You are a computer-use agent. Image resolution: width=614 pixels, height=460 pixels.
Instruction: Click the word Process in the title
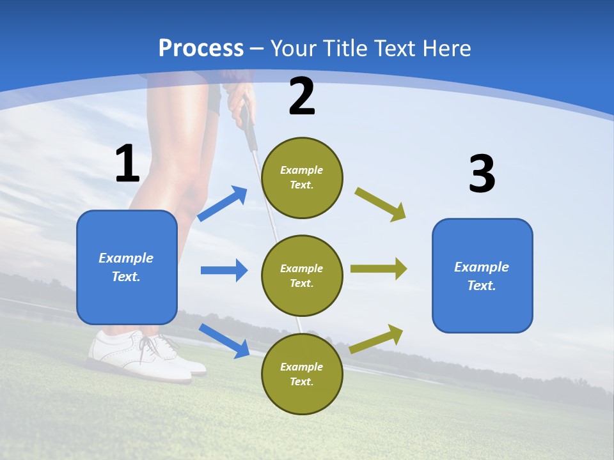click(x=201, y=49)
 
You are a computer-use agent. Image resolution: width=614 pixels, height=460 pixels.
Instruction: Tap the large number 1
click(x=127, y=164)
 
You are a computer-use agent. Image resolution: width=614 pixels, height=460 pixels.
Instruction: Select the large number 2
click(x=302, y=97)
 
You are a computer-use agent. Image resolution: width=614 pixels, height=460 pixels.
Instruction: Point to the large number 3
click(x=482, y=174)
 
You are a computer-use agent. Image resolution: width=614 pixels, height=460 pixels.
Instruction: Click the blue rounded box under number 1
click(x=127, y=267)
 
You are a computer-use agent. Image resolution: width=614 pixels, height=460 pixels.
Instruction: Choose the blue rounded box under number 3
click(x=482, y=275)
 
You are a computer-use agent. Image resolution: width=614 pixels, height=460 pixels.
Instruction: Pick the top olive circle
click(x=302, y=178)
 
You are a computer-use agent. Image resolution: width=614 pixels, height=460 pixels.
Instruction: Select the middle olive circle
click(x=302, y=275)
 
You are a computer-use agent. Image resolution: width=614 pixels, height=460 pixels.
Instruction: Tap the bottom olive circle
click(x=302, y=374)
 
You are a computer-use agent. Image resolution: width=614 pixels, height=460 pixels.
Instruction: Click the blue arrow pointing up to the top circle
click(x=223, y=204)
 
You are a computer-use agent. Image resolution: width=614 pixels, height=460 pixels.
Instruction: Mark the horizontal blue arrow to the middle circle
click(x=224, y=270)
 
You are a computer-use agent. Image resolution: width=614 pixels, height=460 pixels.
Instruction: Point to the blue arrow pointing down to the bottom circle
click(x=224, y=341)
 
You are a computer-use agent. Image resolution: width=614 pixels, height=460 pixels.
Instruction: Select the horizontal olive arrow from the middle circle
click(x=379, y=268)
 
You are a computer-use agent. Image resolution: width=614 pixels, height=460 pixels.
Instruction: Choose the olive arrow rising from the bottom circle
click(x=377, y=339)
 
